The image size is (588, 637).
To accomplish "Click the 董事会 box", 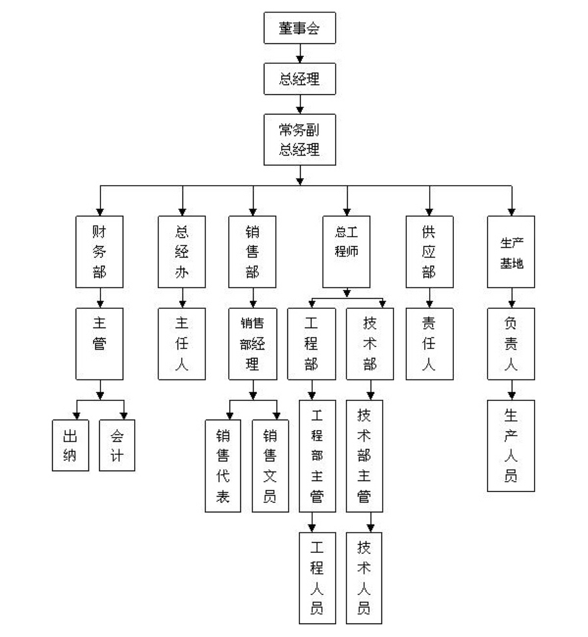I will click(299, 28).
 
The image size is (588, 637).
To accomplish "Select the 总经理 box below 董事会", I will click(299, 79).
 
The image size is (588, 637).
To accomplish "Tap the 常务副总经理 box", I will click(299, 139).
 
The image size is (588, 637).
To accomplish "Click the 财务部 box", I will click(99, 252).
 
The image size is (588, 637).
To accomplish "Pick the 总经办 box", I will click(182, 252).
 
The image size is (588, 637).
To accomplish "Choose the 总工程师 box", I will click(346, 252).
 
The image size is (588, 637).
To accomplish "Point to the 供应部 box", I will click(429, 252).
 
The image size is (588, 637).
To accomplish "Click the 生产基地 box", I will click(511, 252).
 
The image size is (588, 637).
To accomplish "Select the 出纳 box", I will click(70, 445).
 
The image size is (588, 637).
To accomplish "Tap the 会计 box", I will click(117, 445).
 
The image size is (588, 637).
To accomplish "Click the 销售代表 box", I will click(223, 466).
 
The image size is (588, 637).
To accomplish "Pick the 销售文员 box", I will click(270, 466).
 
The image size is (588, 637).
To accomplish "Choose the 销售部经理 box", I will click(253, 344).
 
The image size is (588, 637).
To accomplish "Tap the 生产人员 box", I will click(511, 446).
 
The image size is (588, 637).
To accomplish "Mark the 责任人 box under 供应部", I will click(429, 344).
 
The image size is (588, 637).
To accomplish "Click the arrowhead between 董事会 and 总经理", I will click(300, 59).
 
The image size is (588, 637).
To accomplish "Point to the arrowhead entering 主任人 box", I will click(182, 304).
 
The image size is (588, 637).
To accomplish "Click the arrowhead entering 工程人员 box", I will click(312, 528).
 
